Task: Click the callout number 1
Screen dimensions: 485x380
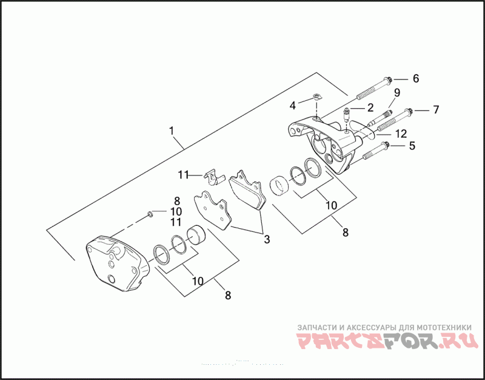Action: (x=172, y=131)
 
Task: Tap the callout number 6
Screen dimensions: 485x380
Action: (x=416, y=78)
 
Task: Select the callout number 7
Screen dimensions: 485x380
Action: (x=435, y=110)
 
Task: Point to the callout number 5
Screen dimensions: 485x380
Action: (x=412, y=146)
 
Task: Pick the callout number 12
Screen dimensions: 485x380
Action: (x=400, y=133)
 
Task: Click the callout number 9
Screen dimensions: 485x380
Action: (x=397, y=93)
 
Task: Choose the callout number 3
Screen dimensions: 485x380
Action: (x=266, y=239)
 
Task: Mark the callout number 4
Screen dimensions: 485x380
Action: (x=292, y=106)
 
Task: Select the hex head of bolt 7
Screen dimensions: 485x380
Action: (x=409, y=111)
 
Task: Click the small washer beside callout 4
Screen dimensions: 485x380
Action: (x=316, y=96)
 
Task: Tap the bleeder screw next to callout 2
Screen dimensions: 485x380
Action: (x=347, y=113)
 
